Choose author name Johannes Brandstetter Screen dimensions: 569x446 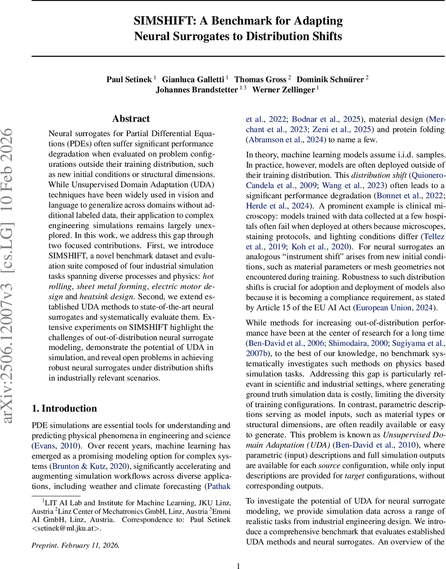point(196,90)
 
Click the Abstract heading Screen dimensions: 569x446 point(131,119)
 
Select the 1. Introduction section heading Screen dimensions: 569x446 point(64,408)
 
